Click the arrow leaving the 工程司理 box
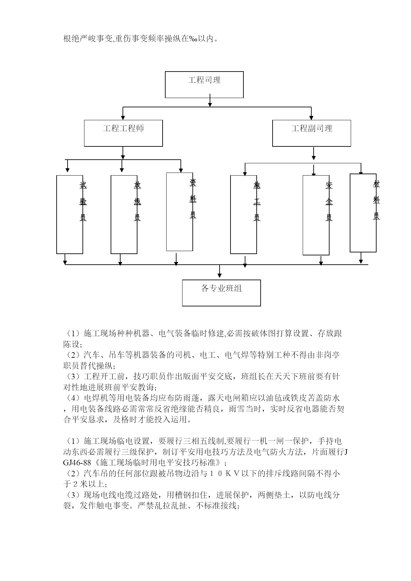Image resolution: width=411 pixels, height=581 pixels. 210,100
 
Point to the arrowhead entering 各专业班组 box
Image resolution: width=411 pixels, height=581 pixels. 220,276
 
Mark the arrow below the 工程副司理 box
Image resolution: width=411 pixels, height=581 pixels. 314,154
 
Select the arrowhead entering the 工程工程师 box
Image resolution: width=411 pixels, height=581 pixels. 123,118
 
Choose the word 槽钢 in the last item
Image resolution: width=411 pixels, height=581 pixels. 175,495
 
